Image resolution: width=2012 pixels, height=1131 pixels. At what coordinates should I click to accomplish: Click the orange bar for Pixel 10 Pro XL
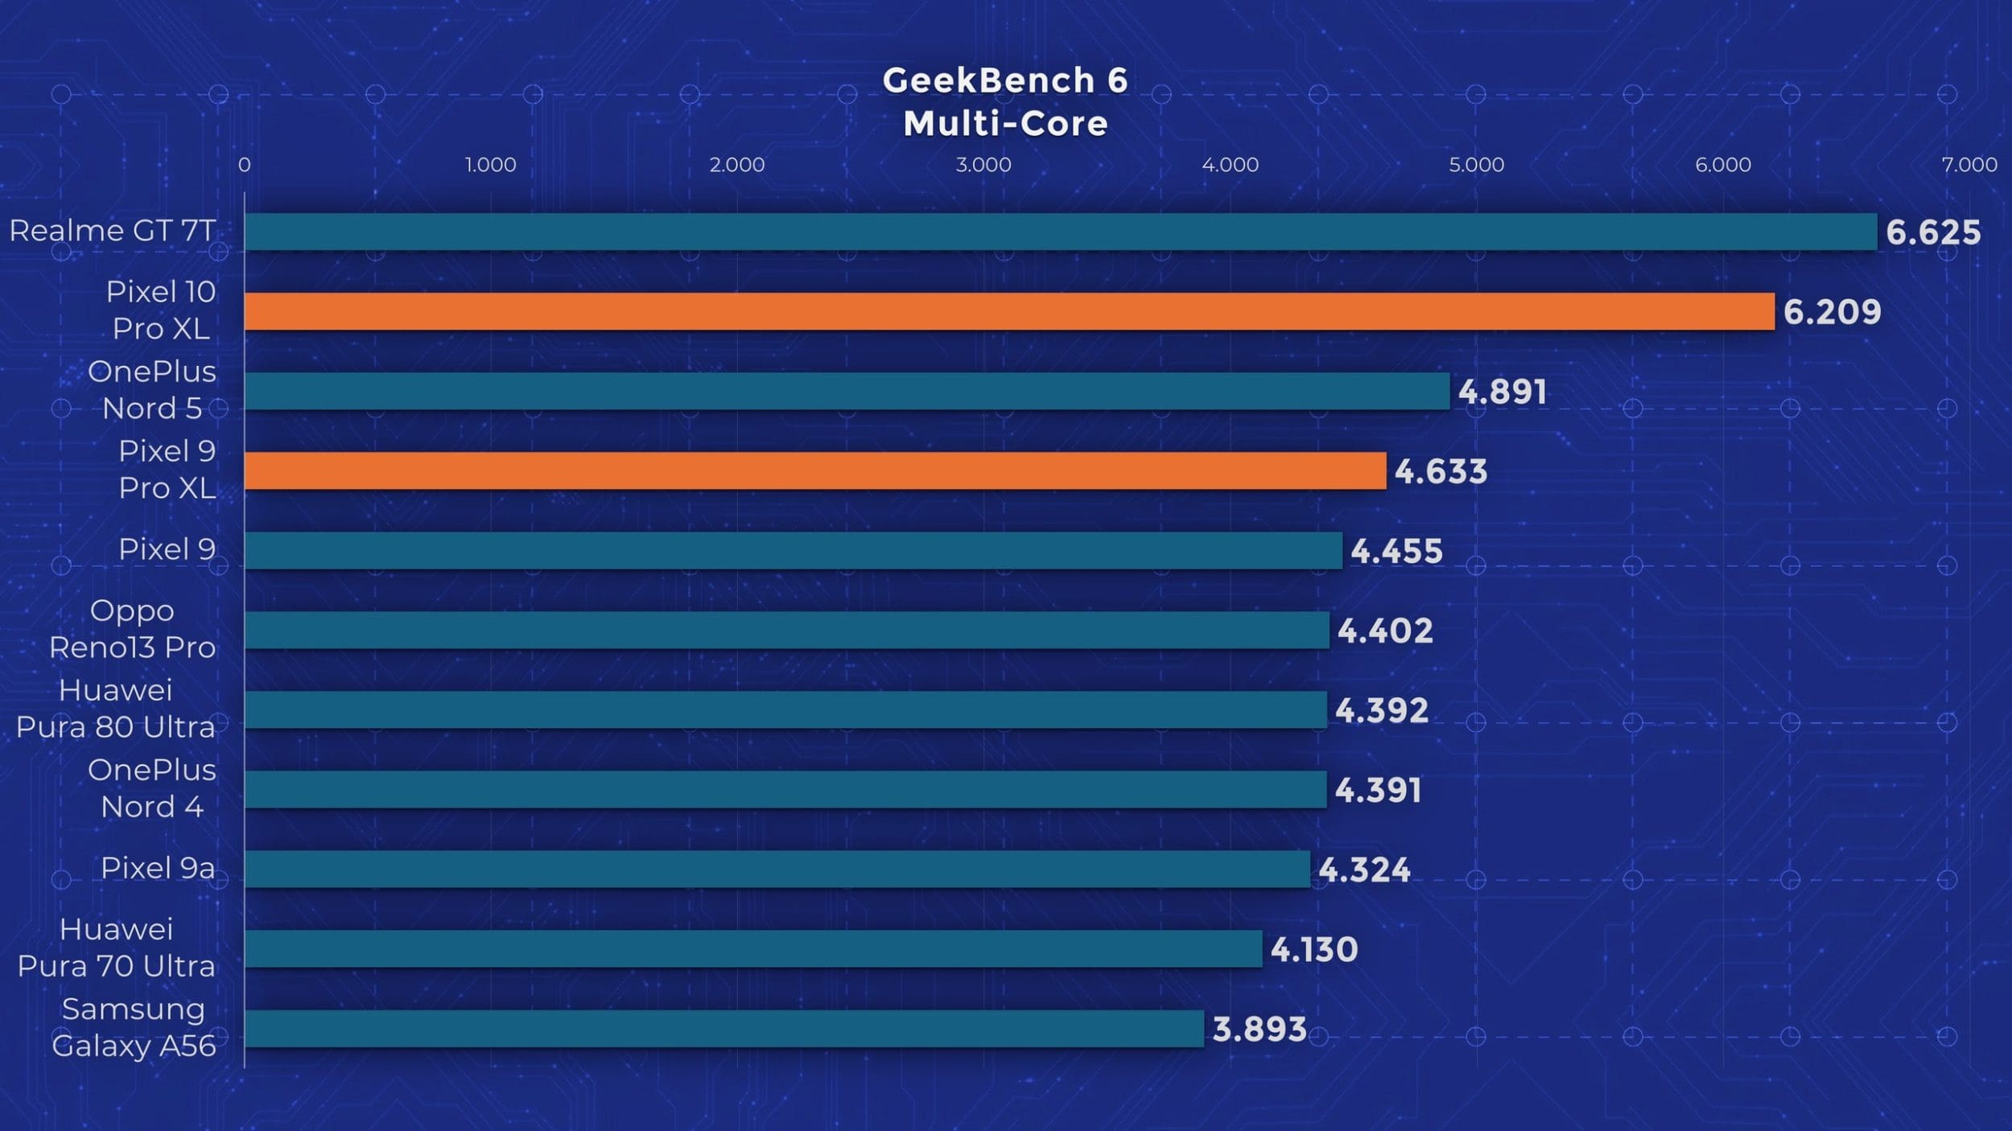click(x=1009, y=311)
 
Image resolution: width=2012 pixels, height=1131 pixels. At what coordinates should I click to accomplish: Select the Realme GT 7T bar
click(x=1061, y=232)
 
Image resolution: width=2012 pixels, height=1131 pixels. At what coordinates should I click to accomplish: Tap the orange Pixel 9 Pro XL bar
click(x=815, y=471)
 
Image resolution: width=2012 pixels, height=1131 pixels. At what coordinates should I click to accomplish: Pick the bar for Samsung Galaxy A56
click(x=724, y=1029)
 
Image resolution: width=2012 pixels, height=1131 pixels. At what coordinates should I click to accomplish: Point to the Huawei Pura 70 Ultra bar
click(x=753, y=949)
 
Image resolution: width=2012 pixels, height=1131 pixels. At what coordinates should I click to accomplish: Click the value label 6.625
click(x=1933, y=232)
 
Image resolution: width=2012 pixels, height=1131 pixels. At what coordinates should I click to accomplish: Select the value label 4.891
click(x=1502, y=392)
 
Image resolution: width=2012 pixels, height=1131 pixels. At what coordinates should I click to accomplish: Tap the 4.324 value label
click(x=1364, y=870)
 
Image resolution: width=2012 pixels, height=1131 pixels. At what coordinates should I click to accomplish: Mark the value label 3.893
click(x=1260, y=1029)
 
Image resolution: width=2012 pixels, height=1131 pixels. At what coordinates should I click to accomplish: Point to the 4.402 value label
click(x=1385, y=631)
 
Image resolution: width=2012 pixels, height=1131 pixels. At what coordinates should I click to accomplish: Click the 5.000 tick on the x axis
click(x=1476, y=165)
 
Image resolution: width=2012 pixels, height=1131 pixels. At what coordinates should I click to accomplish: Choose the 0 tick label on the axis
click(x=245, y=165)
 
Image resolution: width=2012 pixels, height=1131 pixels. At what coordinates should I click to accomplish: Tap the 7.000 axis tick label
click(x=1969, y=165)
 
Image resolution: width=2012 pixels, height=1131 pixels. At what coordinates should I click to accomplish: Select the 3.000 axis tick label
click(x=983, y=165)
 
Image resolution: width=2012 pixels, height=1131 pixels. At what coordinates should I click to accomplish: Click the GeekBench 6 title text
click(x=1005, y=80)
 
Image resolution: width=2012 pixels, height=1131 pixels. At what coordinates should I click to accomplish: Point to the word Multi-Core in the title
click(x=1005, y=124)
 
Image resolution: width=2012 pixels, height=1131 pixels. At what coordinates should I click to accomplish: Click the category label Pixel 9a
click(x=158, y=868)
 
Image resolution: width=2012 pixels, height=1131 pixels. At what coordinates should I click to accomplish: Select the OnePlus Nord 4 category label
click(x=152, y=788)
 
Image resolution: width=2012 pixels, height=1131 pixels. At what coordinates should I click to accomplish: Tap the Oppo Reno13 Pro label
click(x=133, y=629)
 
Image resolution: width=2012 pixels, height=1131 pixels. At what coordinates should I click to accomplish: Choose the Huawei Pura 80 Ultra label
click(x=116, y=709)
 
